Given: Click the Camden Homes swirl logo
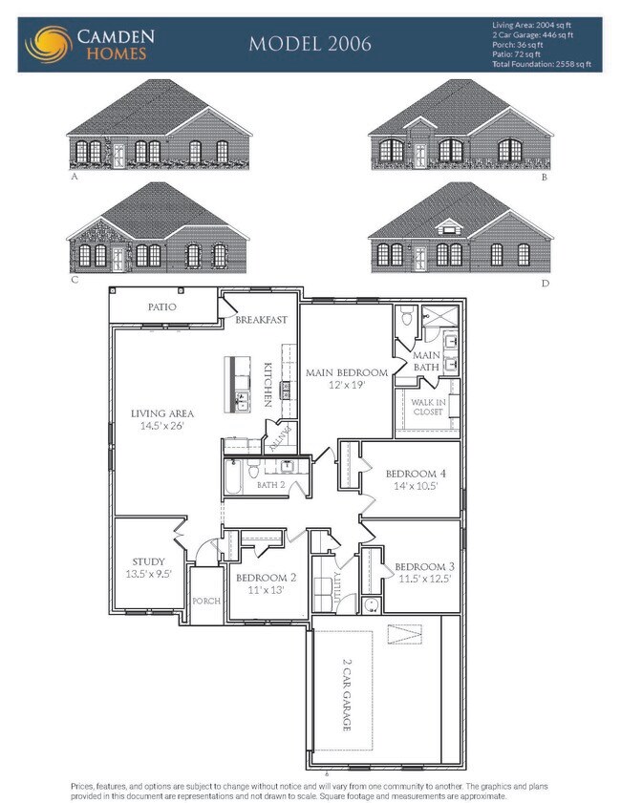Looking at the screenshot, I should [x=45, y=44].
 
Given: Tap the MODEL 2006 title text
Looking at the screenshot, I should [x=310, y=44].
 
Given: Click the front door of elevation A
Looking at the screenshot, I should [x=118, y=156].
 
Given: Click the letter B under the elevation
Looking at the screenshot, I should [x=544, y=178].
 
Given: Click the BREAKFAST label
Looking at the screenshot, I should [x=262, y=320].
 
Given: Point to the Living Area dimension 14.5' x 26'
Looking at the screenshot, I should [x=162, y=426].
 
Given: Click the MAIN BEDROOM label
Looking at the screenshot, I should [x=346, y=372].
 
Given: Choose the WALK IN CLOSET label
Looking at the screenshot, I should [x=428, y=408].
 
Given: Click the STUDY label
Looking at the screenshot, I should [x=148, y=561].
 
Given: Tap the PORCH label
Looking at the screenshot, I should [x=206, y=601].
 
